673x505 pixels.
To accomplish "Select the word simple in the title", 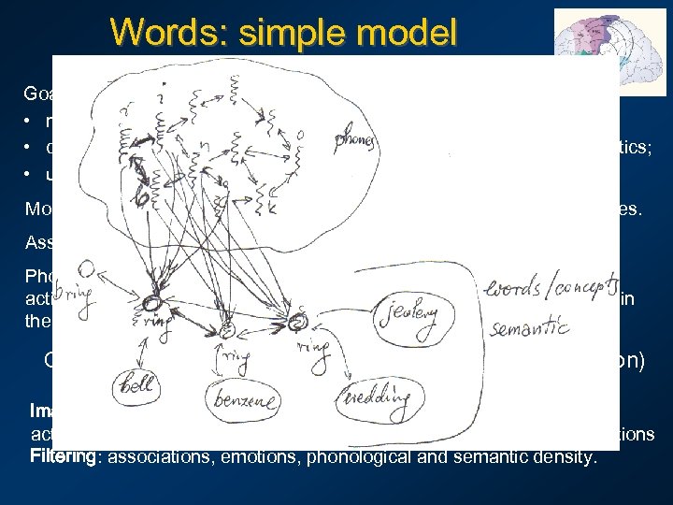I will (284, 33).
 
